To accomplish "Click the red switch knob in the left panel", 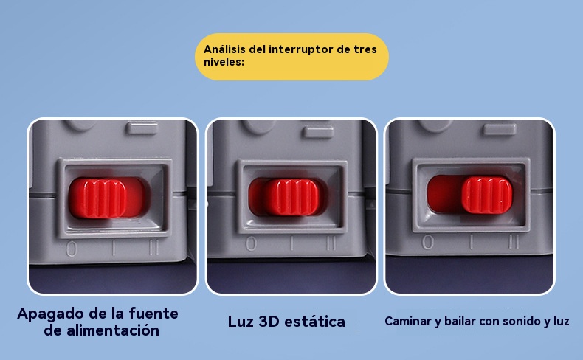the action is click(x=97, y=198).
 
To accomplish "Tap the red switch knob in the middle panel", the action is click(x=292, y=197).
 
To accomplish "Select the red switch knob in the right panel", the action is click(x=487, y=195).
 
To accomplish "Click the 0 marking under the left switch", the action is click(x=72, y=249).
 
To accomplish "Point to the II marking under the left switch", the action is click(x=154, y=247).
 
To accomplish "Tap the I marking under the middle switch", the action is click(x=292, y=243).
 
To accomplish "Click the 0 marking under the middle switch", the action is click(x=252, y=243).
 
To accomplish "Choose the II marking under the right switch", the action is click(x=514, y=241).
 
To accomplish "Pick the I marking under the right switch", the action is click(x=472, y=242).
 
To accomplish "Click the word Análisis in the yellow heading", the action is click(x=224, y=49).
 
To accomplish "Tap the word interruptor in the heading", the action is click(x=301, y=49).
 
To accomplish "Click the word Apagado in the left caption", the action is click(x=49, y=314).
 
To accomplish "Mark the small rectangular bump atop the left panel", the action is click(x=142, y=128).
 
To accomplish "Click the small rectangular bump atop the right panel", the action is click(x=500, y=129).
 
